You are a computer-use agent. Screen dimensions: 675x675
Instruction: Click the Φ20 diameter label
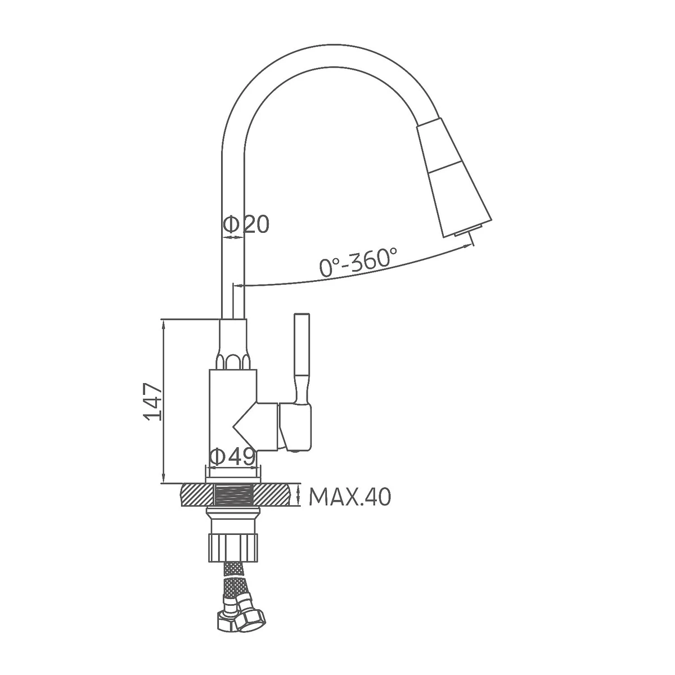click(x=246, y=224)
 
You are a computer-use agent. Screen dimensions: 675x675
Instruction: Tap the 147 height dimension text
click(x=152, y=402)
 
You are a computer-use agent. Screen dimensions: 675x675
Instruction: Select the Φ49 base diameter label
click(x=232, y=456)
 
